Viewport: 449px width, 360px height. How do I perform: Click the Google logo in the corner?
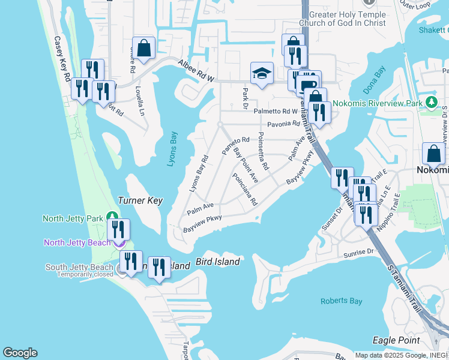coord(20,353)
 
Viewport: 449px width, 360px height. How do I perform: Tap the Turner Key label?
coord(140,201)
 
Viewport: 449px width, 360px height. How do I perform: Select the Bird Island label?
coord(218,262)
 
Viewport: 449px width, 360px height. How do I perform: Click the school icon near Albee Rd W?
coord(262,74)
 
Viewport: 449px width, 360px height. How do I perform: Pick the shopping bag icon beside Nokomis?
coord(433,154)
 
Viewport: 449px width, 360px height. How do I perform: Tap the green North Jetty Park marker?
coord(112,216)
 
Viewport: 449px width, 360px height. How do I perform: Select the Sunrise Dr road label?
coord(359,254)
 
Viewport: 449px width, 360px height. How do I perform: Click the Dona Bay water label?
coord(374,82)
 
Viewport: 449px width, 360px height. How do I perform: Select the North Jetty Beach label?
coord(77,242)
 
